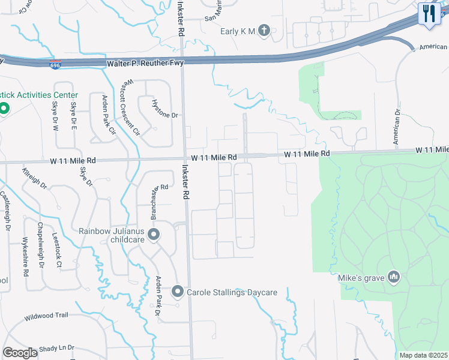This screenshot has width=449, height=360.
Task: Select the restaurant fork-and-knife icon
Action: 429,13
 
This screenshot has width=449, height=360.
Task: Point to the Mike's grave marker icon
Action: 394,277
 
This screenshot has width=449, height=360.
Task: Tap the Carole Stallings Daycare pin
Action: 178,292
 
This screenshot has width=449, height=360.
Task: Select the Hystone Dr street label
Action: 166,109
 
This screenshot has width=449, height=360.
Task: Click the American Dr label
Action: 396,126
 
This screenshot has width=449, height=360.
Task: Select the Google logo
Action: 20,352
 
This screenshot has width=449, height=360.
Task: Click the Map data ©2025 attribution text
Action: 423,355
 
